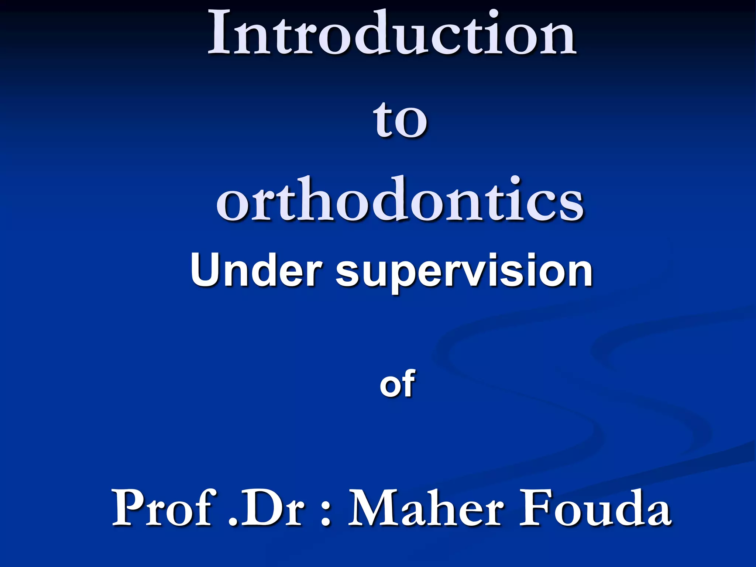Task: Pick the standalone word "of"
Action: pyautogui.click(x=397, y=384)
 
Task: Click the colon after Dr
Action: pyautogui.click(x=325, y=513)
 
